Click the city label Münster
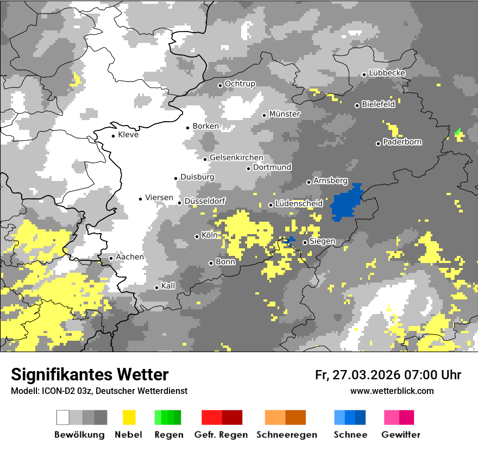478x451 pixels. (x=285, y=114)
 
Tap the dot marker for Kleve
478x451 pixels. (x=113, y=136)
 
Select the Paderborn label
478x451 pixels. (x=402, y=142)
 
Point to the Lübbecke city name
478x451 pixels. (x=387, y=73)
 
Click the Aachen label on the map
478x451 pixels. (x=130, y=257)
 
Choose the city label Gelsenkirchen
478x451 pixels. (x=236, y=158)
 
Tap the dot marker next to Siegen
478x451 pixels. (x=305, y=242)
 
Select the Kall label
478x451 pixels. (x=168, y=286)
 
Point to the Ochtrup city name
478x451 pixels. (x=240, y=84)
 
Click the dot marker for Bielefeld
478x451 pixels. (x=357, y=105)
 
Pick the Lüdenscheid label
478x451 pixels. (x=299, y=204)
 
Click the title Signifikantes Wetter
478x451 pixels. (x=90, y=374)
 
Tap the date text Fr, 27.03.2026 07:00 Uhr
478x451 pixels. (x=388, y=375)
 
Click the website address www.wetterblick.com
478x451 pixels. (x=392, y=391)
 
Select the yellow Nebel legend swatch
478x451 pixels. (x=129, y=417)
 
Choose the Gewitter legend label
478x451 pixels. (x=401, y=435)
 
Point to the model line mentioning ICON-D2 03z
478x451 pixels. (x=99, y=391)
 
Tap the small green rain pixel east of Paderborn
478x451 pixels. (x=458, y=131)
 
